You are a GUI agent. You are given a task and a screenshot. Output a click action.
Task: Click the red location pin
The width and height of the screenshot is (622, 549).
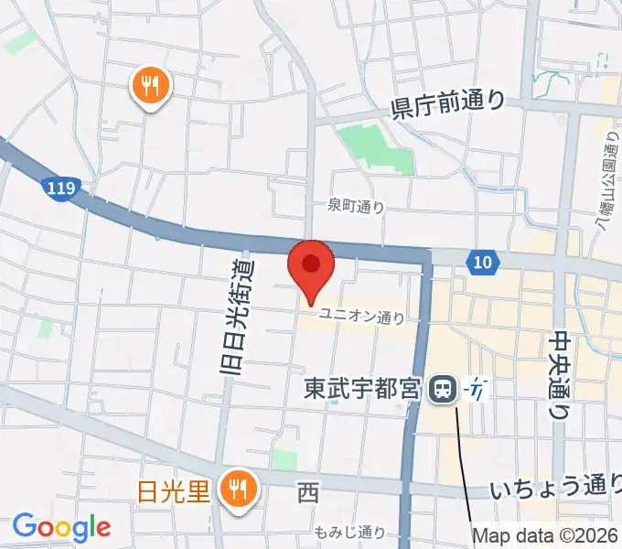tap(311, 266)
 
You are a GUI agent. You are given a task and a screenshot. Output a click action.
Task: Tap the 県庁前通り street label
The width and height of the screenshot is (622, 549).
tap(448, 102)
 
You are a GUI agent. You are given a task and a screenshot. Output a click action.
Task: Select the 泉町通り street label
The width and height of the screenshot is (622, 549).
tap(356, 208)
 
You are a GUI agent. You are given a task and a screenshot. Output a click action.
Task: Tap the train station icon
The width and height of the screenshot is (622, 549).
tap(443, 390)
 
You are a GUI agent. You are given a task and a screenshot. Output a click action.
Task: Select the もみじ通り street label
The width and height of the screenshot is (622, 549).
tap(349, 532)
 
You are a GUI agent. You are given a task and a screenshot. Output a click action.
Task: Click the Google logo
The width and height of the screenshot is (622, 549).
tap(61, 527)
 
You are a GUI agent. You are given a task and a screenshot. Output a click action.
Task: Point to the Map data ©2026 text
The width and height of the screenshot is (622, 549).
tap(545, 535)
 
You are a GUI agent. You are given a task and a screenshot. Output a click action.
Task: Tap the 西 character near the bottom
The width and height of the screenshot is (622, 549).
tap(308, 494)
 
